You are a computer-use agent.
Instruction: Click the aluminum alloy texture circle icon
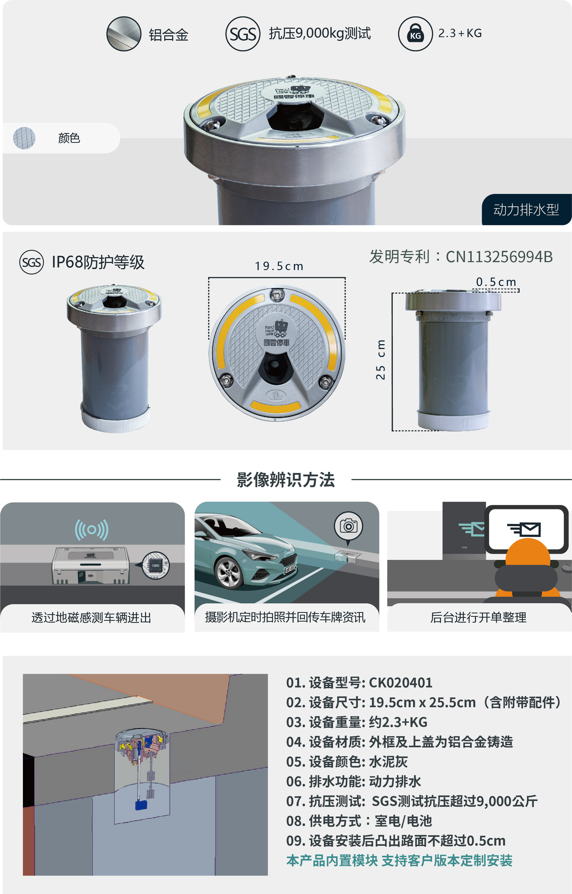click(124, 34)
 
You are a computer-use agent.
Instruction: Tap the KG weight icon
click(415, 34)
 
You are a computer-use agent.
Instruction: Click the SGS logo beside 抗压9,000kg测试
click(242, 34)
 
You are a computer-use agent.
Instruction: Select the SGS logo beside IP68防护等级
click(32, 262)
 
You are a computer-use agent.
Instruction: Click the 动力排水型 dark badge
click(526, 210)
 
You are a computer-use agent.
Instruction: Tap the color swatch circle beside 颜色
click(24, 138)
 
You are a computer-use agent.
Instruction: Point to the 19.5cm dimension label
click(279, 266)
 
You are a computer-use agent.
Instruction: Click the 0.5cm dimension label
click(496, 282)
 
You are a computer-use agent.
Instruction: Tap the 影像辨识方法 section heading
click(286, 480)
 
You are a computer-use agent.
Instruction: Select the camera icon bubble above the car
click(349, 526)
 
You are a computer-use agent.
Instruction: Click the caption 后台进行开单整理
click(478, 617)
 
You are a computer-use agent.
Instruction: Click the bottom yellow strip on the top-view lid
click(275, 406)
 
